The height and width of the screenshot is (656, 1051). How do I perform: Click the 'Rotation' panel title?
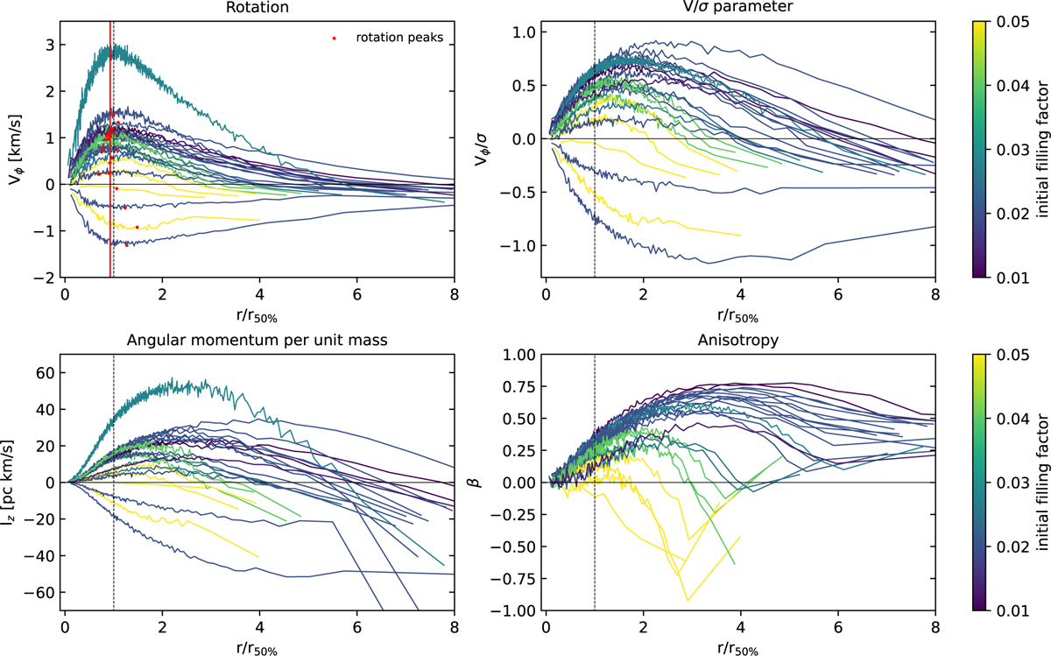click(x=258, y=8)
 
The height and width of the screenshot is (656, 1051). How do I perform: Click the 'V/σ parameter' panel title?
click(x=739, y=8)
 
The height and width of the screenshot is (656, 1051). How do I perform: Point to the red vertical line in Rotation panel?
click(x=109, y=175)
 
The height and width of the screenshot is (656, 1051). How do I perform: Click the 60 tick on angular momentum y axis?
click(x=44, y=372)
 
